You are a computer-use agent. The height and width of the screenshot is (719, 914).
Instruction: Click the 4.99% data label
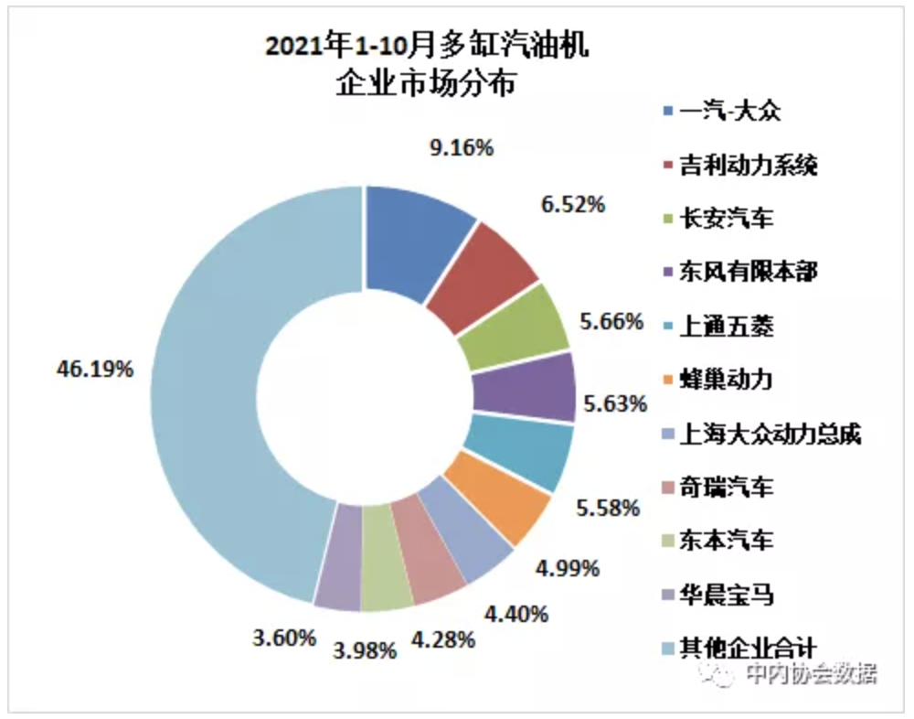[x=569, y=568]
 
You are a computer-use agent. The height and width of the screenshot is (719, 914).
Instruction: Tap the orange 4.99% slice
[x=498, y=499]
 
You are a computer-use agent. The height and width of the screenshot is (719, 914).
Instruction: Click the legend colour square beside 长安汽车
[x=668, y=220]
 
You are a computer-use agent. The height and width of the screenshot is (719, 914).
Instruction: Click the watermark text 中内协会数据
[x=809, y=675]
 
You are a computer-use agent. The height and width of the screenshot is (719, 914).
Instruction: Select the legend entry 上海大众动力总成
[x=768, y=434]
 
